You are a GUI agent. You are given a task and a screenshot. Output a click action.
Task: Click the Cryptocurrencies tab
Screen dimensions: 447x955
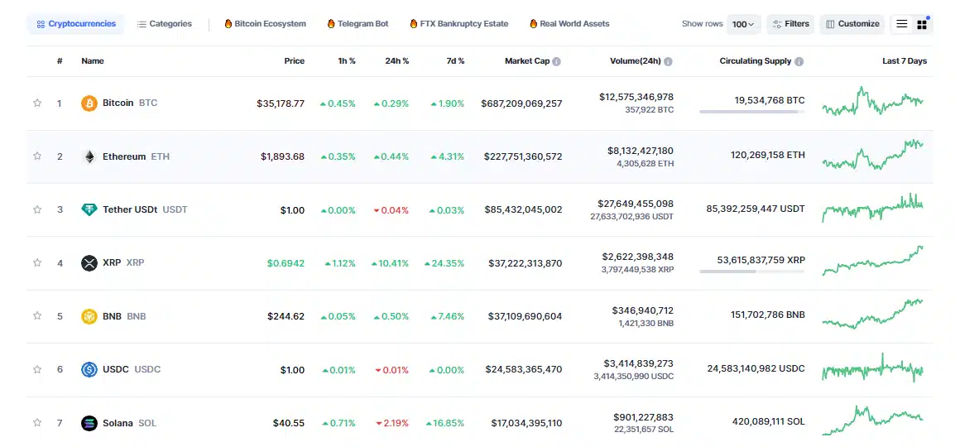76,24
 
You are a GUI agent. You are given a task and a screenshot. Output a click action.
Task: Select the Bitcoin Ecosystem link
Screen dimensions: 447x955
265,24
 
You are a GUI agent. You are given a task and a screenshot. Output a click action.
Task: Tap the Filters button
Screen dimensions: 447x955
790,24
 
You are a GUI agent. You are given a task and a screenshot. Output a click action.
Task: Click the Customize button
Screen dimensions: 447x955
852,24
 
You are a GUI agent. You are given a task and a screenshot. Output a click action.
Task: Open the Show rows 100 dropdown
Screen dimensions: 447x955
743,25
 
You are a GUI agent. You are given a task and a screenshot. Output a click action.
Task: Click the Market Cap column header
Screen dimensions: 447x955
526,61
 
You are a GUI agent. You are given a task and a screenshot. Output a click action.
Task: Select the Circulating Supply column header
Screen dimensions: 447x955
755,61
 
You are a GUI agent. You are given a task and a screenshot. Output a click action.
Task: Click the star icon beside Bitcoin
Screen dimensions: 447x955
37,103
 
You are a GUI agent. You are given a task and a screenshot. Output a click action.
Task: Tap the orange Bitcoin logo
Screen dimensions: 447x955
89,103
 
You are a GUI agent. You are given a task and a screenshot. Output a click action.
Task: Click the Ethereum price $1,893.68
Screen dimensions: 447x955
282,156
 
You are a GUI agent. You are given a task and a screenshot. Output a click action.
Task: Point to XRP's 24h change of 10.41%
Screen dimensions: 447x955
391,263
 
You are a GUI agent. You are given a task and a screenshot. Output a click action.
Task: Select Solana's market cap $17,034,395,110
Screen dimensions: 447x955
526,423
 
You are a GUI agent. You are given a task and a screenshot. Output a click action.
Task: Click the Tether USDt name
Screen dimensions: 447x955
130,209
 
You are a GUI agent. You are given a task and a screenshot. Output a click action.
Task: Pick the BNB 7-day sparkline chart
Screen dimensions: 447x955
872,315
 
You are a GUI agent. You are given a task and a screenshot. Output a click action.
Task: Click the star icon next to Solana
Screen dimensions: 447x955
37,423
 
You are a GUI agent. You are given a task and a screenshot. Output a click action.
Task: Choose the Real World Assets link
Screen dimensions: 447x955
573,24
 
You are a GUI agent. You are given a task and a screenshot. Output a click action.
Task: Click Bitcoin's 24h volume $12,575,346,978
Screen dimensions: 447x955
636,97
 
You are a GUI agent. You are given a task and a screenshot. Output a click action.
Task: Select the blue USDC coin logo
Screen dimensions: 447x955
89,369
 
